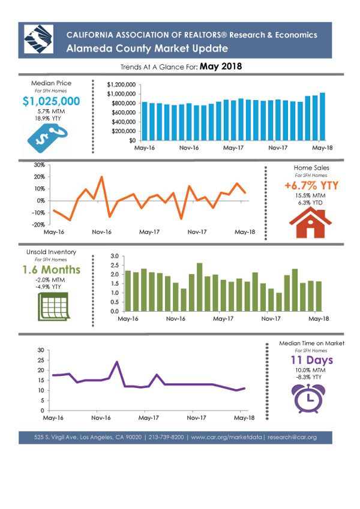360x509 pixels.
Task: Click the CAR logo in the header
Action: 38,39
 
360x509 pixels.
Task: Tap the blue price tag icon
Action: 47,138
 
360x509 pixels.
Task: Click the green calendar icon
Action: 53,306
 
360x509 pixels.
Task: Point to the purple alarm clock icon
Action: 308,398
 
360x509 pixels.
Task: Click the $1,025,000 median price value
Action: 52,101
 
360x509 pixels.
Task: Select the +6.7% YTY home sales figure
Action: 311,185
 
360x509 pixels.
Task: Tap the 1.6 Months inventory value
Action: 52,269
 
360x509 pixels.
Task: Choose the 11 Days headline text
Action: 311,360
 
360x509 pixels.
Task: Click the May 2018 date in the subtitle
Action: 221,67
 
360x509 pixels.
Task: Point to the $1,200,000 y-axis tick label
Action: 121,85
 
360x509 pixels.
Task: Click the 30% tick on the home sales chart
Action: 40,165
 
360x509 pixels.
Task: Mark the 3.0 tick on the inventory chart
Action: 115,256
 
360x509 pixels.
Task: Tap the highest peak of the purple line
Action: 116,362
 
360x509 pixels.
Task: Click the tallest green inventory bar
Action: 199,287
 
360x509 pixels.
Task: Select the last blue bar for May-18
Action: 322,116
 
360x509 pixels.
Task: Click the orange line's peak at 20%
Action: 101,177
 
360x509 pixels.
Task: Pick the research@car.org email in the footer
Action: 292,437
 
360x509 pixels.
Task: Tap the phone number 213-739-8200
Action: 166,437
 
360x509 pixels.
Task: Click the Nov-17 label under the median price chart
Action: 278,148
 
